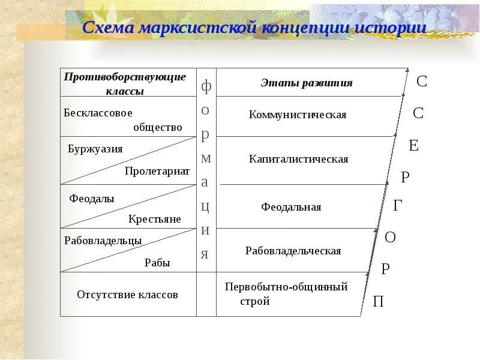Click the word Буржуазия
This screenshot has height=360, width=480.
[95, 149]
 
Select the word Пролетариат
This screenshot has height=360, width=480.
[157, 171]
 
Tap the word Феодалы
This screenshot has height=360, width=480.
[92, 198]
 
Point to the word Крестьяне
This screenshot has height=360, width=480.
[154, 219]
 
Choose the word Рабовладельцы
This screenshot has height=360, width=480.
[103, 241]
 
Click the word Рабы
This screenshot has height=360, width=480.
[157, 262]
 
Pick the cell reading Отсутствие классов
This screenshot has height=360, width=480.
[127, 295]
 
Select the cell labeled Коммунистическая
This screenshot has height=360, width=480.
[298, 115]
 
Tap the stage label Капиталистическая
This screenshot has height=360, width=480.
[298, 159]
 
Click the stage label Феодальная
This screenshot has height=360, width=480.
[291, 207]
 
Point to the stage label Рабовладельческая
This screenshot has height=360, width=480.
[293, 251]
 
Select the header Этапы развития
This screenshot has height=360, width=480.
[306, 83]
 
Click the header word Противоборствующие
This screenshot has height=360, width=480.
[125, 77]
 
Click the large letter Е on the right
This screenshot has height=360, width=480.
[413, 146]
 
